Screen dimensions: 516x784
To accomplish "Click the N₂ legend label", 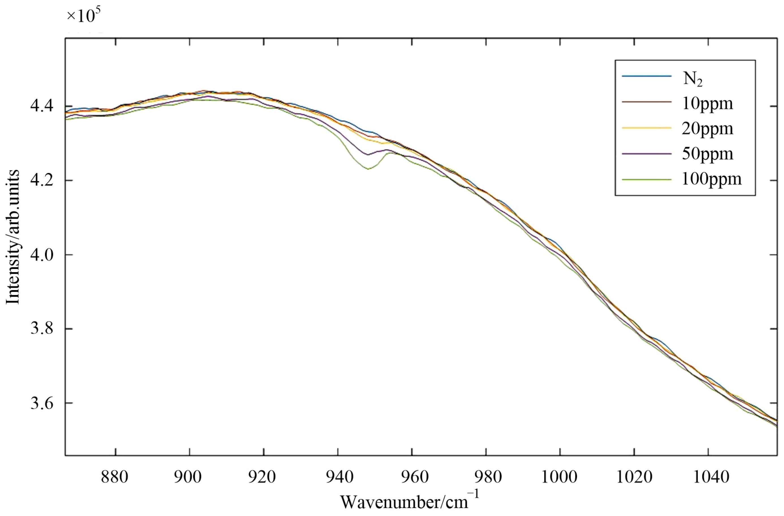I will pyautogui.click(x=692, y=79).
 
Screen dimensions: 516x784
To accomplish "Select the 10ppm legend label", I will pyautogui.click(x=707, y=104).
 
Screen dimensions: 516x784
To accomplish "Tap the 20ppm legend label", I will pyautogui.click(x=707, y=129).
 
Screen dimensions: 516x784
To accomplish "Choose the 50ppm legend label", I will pyautogui.click(x=707, y=154).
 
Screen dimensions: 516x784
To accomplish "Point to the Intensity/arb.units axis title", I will pyautogui.click(x=13, y=237).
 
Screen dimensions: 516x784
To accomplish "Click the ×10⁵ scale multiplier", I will pyautogui.click(x=84, y=16).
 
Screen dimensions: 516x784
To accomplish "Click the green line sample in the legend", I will pyautogui.click(x=646, y=179).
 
